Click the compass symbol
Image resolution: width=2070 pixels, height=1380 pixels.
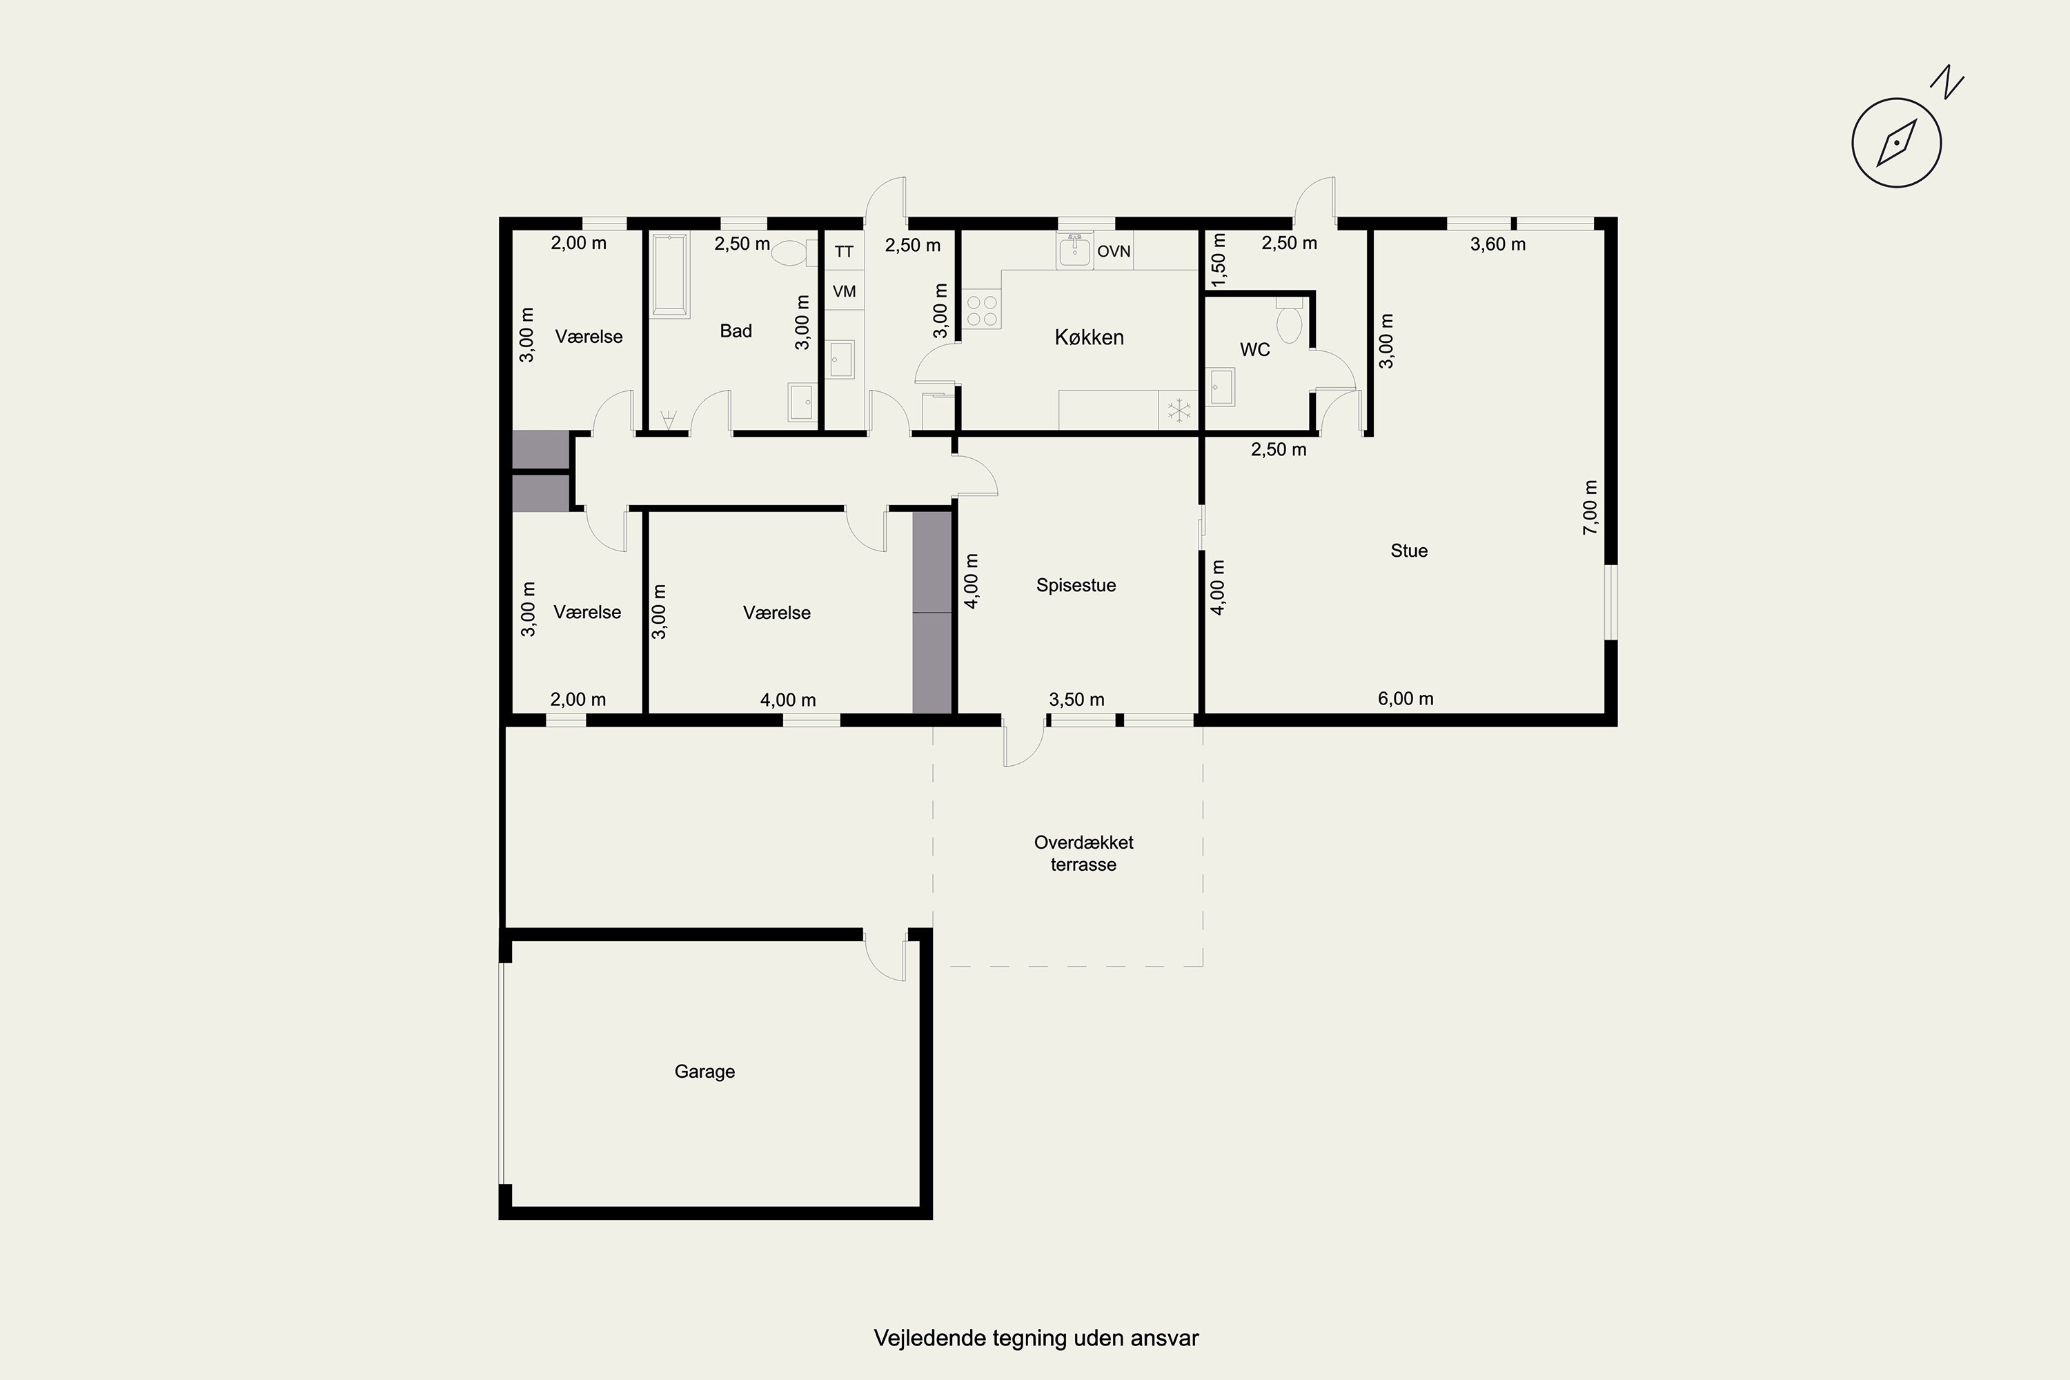tap(1897, 144)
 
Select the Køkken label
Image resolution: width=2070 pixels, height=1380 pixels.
tap(1089, 337)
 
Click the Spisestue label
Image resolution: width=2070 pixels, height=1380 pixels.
tap(1076, 585)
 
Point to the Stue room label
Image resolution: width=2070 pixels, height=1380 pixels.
tap(1409, 551)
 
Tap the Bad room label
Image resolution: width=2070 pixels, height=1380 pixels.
tap(736, 331)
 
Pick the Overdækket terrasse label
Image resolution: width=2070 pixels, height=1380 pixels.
tap(1083, 854)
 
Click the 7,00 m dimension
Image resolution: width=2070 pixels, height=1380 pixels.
tap(1590, 507)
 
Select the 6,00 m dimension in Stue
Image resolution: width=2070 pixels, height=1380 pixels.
tap(1406, 699)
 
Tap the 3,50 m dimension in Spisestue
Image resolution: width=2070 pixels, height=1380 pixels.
tap(1076, 700)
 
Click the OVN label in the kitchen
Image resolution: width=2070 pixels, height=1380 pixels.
tap(1114, 252)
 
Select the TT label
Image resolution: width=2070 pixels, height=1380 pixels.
tap(844, 252)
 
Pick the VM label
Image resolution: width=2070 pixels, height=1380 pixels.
tap(844, 291)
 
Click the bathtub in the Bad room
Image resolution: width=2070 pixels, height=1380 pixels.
tap(670, 274)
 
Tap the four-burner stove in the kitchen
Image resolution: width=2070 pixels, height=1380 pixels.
tap(981, 309)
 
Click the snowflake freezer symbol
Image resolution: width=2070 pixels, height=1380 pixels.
tap(1179, 410)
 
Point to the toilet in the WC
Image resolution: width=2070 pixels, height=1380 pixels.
tap(1290, 320)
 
